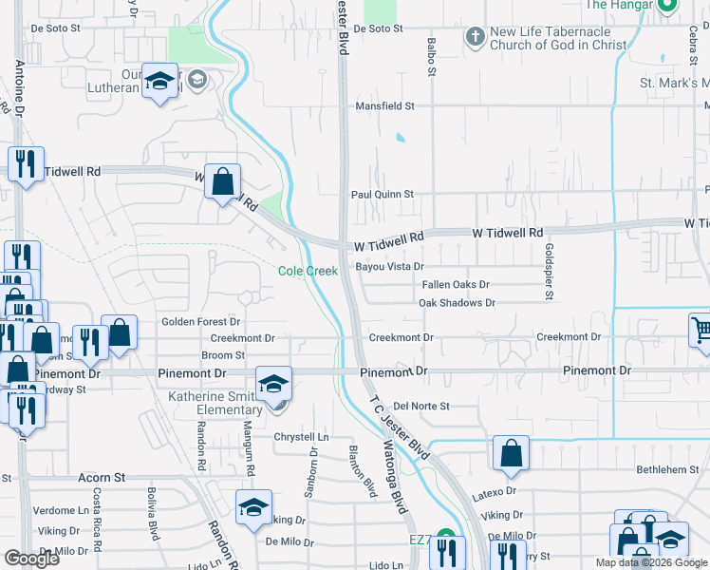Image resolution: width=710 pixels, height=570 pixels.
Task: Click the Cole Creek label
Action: [x=308, y=271]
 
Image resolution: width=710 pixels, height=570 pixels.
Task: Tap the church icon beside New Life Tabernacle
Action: [x=475, y=38]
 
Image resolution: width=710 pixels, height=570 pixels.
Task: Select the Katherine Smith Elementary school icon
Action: [x=273, y=385]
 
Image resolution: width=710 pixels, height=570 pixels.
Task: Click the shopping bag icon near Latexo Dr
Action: [x=511, y=455]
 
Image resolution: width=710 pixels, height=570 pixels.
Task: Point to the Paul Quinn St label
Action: [x=383, y=194]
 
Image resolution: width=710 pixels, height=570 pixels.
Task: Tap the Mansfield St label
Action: [x=384, y=106]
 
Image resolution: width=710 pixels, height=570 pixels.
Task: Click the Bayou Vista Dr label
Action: [x=388, y=267]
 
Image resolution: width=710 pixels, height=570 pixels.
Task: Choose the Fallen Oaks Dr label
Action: [x=456, y=284]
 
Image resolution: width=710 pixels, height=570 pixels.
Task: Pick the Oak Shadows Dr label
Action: [x=457, y=303]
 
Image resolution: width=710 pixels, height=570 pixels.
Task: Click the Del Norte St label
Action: [x=420, y=406]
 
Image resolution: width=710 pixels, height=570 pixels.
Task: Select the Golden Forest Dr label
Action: [x=200, y=322]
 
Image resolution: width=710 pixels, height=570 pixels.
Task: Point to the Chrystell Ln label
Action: [x=301, y=437]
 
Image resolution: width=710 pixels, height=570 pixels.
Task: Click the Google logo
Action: [x=31, y=559]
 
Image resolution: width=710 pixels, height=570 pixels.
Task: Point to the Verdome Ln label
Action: [x=61, y=510]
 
